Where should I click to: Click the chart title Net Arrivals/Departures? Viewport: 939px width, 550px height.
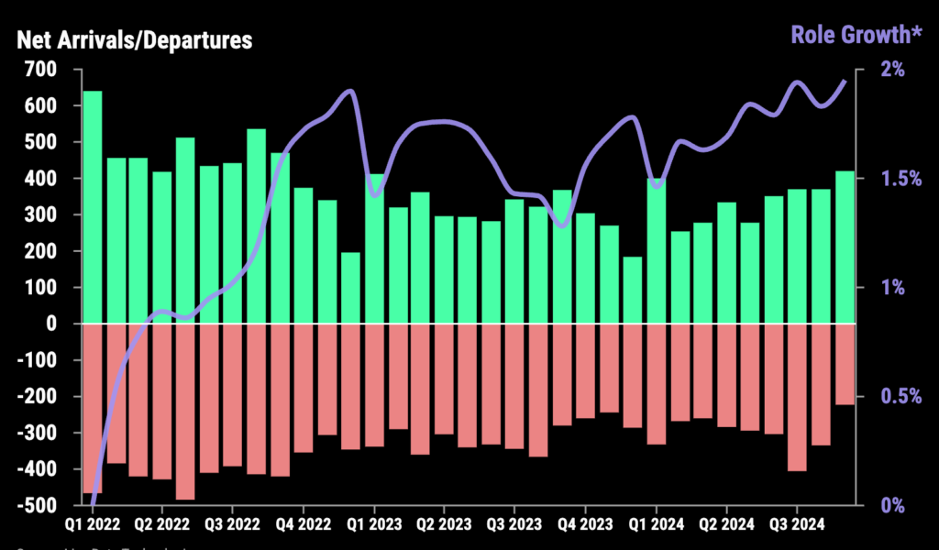135,40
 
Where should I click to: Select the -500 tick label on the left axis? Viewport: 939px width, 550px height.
38,505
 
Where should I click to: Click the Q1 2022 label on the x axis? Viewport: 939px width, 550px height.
92,525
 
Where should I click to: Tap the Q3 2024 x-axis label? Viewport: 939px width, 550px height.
797,525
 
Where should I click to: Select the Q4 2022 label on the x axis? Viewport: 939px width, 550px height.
304,525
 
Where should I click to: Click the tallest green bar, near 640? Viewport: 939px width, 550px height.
92,207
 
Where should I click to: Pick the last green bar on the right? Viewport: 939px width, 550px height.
844,247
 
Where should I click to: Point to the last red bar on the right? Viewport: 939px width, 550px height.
844,364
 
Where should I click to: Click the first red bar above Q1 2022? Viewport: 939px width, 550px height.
92,408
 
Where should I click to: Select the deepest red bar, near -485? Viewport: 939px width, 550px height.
185,412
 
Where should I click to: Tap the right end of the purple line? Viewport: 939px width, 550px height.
845,81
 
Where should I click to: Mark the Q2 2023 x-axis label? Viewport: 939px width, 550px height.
444,525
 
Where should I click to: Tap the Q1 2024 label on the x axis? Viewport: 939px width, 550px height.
656,525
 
